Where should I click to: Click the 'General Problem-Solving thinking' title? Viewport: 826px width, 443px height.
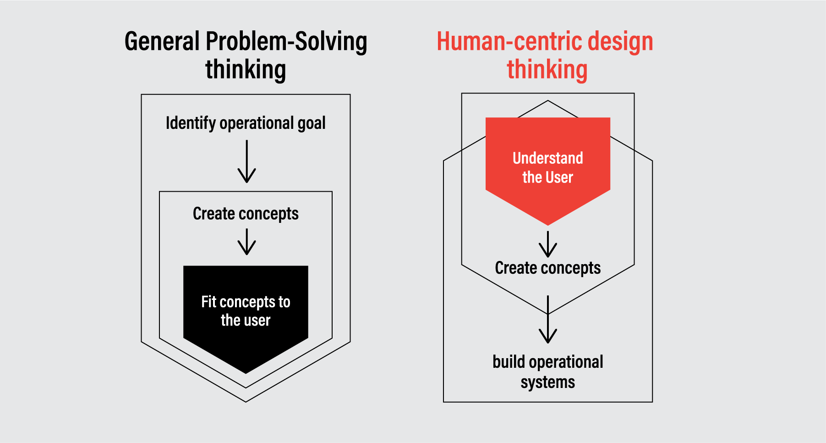(246, 55)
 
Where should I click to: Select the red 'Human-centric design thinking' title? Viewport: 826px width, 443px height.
(545, 55)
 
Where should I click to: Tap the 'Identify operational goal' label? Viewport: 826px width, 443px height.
(246, 123)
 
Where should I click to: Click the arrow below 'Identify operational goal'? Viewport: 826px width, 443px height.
(246, 161)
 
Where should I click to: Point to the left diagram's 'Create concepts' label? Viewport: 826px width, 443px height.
(246, 214)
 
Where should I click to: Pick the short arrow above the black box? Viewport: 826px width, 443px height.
(246, 242)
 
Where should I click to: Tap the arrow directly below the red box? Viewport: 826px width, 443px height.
(548, 244)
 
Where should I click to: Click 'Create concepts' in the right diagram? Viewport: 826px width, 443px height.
(548, 268)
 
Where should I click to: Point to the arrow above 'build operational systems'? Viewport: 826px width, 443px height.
(548, 319)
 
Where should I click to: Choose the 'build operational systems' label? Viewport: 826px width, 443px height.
(548, 372)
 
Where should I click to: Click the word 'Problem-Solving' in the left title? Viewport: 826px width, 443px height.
(286, 41)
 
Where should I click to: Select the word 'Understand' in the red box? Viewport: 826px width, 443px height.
(548, 158)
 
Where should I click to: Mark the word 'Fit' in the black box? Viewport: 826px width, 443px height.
(208, 302)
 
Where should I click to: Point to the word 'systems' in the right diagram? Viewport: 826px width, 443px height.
(548, 382)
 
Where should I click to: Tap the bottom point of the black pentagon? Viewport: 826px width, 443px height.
(246, 374)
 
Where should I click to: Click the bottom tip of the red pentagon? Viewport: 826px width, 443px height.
(548, 226)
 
